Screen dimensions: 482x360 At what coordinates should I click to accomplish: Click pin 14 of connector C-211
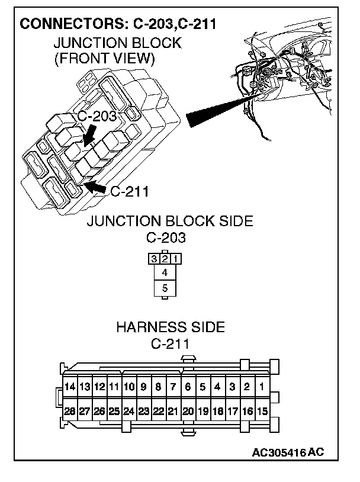[x=70, y=387]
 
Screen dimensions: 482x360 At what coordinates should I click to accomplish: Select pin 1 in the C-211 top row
[x=262, y=387]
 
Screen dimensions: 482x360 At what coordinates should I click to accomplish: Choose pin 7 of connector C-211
[x=173, y=387]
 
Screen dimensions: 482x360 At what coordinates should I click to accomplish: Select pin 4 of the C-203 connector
[x=165, y=273]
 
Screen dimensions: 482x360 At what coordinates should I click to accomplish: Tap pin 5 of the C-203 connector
[x=165, y=289]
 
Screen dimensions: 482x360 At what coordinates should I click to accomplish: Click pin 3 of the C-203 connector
[x=154, y=259]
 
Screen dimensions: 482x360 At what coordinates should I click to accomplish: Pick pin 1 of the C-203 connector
[x=176, y=259]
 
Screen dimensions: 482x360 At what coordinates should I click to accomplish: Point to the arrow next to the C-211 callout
[x=95, y=188]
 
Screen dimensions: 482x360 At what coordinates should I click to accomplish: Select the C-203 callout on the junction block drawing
[x=97, y=116]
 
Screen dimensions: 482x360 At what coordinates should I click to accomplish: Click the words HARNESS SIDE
[x=171, y=327]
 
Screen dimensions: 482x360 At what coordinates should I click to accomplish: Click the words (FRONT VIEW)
[x=104, y=58]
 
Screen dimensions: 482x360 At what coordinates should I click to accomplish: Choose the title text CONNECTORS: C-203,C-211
[x=117, y=24]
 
